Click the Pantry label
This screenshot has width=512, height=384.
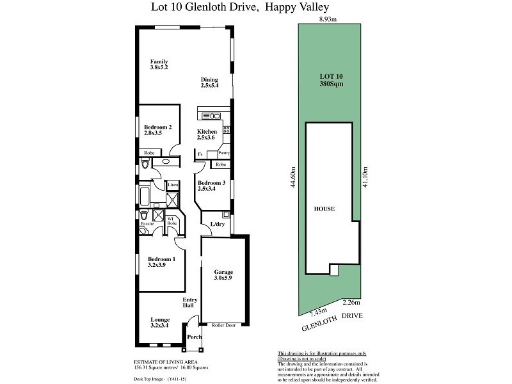tap(223, 154)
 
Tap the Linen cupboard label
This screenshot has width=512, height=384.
tap(173, 184)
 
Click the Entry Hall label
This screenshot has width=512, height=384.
tap(190, 303)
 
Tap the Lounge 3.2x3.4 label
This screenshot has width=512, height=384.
tap(159, 323)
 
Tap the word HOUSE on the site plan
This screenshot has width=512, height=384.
tap(324, 209)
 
